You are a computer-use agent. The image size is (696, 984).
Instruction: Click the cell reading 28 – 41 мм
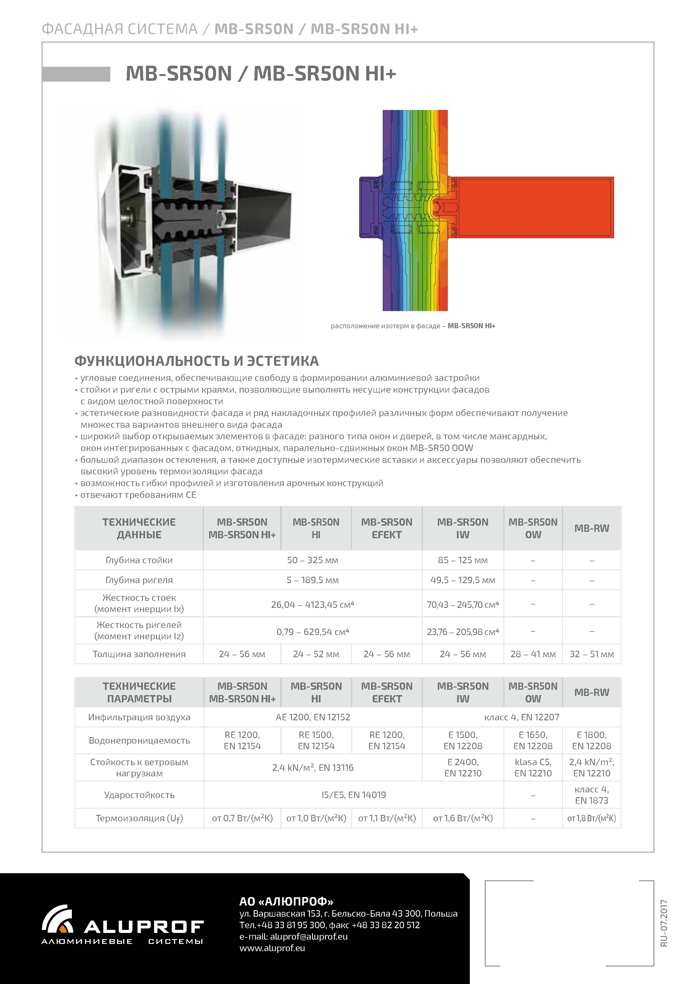(x=533, y=654)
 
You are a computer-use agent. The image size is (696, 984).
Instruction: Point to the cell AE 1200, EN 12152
(x=313, y=717)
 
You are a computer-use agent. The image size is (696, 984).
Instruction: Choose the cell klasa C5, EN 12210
(x=533, y=767)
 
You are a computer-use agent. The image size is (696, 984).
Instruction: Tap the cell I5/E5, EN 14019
(x=353, y=795)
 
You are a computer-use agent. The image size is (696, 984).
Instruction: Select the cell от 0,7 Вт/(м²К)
(x=242, y=818)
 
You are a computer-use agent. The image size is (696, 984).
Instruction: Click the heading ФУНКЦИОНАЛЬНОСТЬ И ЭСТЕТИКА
(x=196, y=361)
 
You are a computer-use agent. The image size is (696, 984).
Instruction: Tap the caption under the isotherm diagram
(x=413, y=326)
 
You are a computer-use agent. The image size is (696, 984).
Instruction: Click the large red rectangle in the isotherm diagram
(x=534, y=207)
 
